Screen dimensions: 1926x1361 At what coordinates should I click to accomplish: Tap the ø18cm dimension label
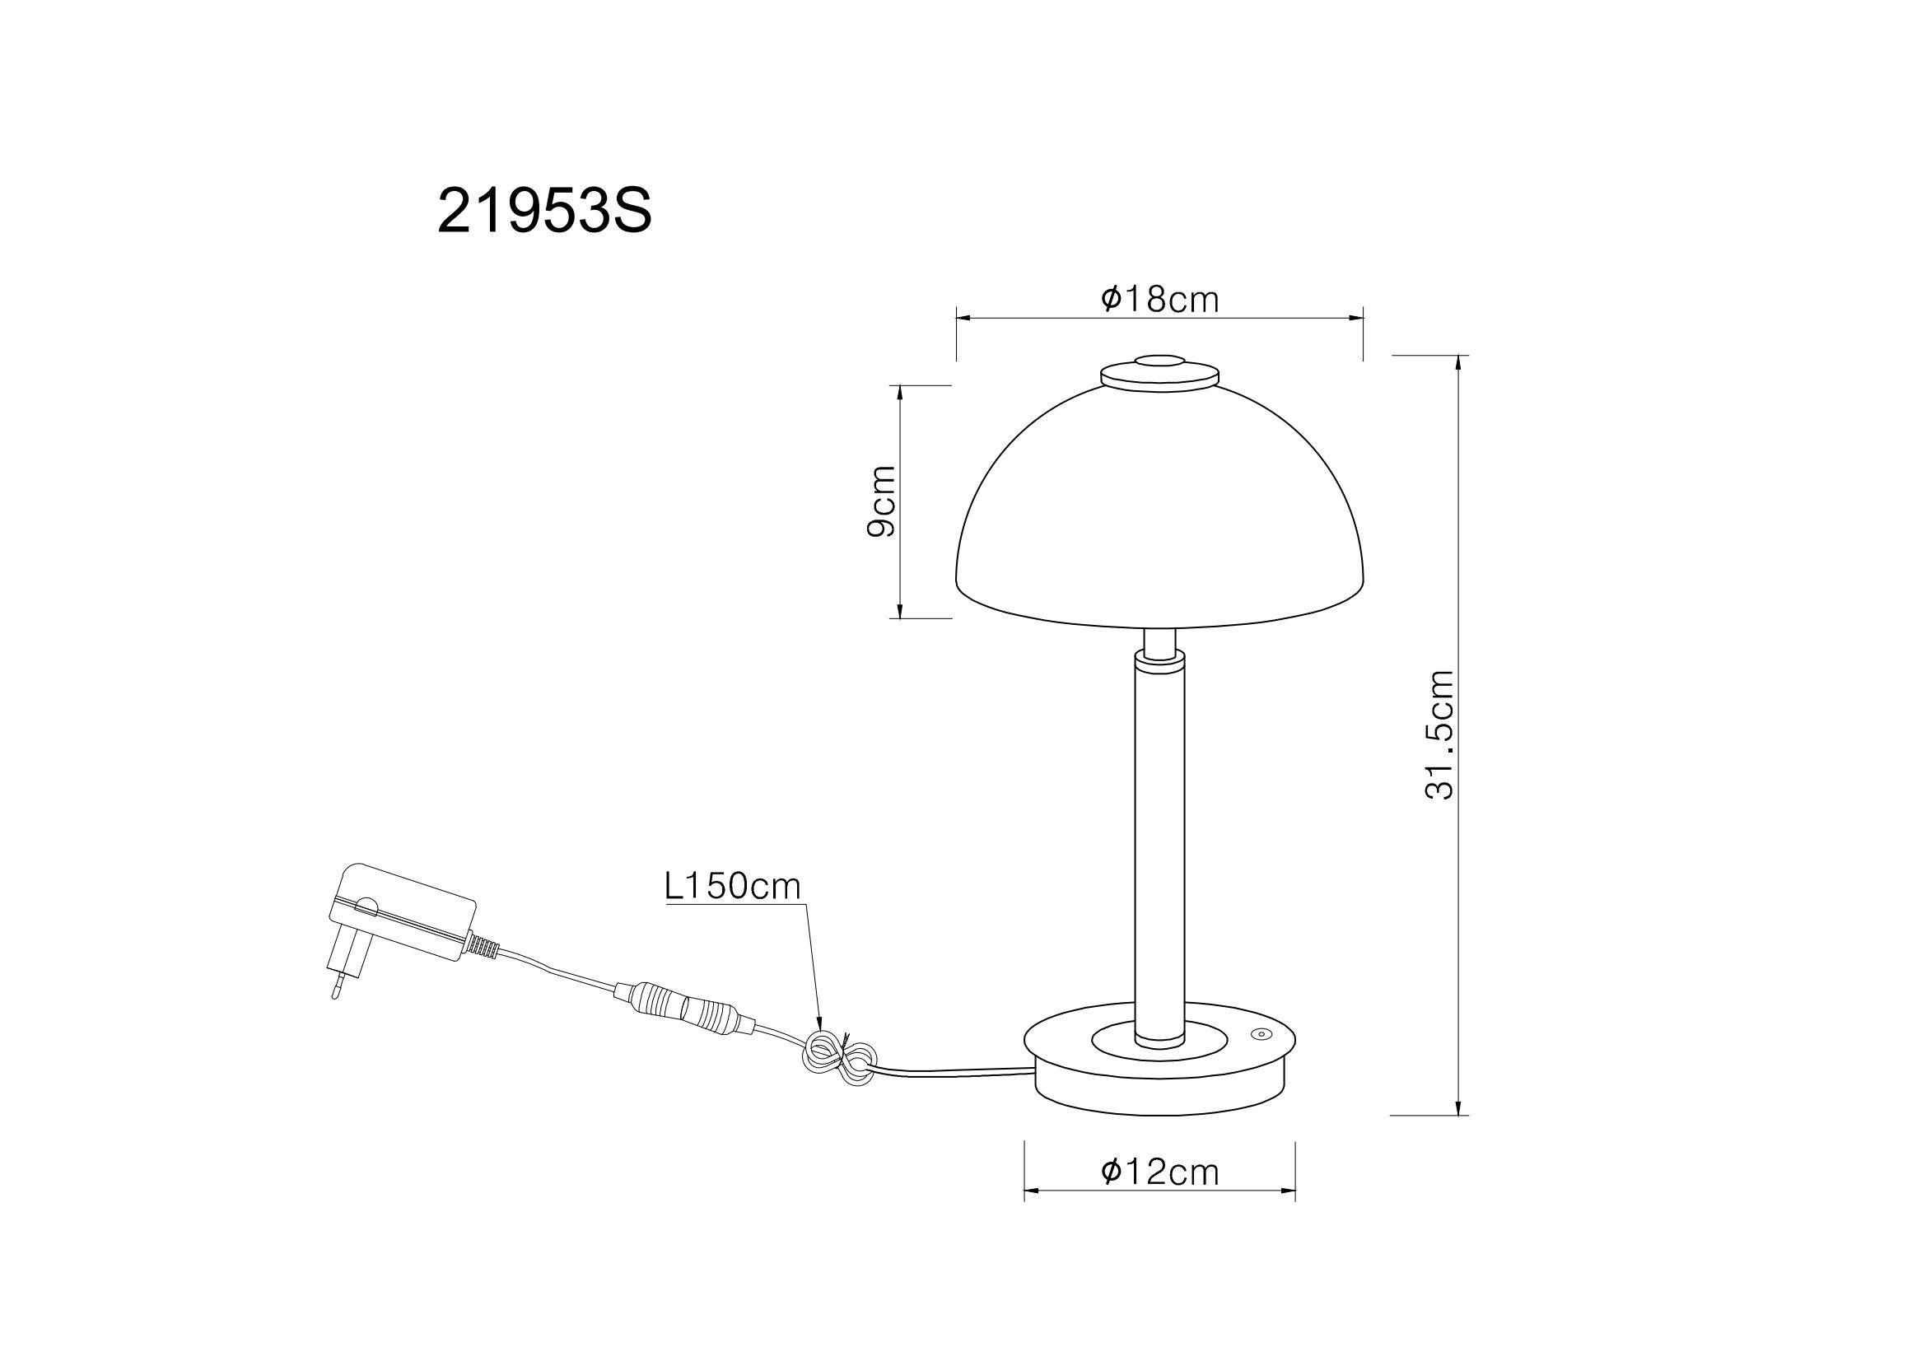[x=1159, y=300]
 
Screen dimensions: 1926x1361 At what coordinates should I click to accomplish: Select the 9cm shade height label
[x=882, y=501]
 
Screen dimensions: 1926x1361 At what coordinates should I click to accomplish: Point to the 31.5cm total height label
[x=1440, y=734]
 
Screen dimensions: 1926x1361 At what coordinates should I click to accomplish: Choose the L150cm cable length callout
[x=733, y=887]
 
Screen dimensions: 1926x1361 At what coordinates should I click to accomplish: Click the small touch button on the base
[x=1260, y=1035]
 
